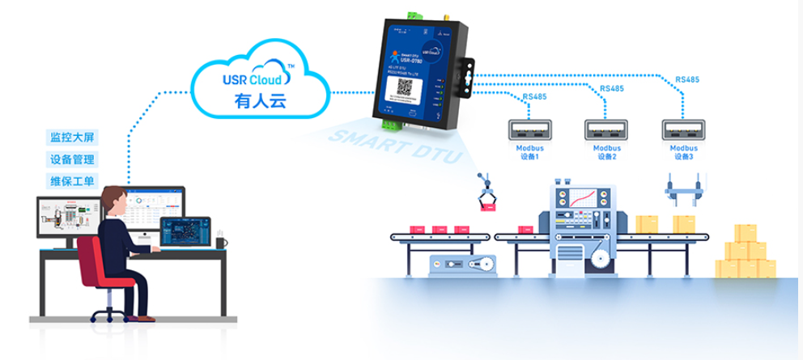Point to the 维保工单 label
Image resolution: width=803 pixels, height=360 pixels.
point(72,180)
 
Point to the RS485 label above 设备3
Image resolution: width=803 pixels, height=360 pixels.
point(687,79)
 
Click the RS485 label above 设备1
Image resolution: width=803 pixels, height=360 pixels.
point(534,97)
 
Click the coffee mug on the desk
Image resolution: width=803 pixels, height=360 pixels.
point(221,241)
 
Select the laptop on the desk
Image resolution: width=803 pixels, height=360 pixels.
point(185,233)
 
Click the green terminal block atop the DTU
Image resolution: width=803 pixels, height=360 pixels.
point(418,15)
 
